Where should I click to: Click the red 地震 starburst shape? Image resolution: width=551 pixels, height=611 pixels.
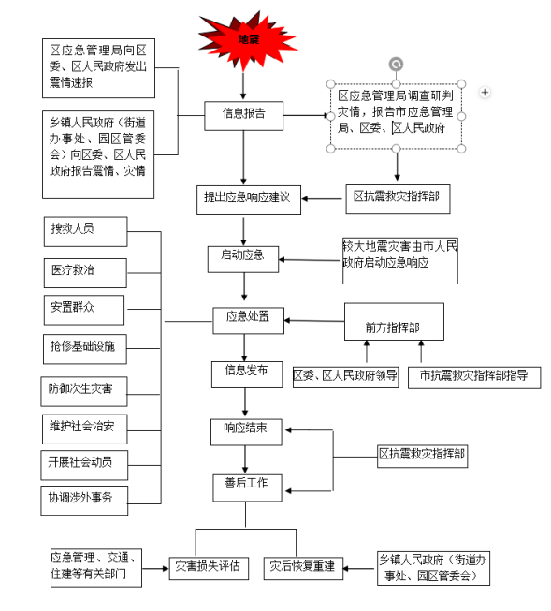(x=247, y=41)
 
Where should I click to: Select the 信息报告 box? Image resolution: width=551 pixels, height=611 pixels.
(x=244, y=116)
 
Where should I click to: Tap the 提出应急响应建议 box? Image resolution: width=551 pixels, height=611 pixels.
(x=249, y=200)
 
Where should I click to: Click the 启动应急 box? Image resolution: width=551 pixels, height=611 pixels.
(x=243, y=259)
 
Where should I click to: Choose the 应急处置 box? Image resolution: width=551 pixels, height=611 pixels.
(x=248, y=321)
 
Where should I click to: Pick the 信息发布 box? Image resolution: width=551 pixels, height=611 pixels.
(x=247, y=374)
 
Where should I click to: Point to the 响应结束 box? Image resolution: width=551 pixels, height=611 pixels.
(x=246, y=432)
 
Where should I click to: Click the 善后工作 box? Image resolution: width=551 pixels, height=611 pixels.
(x=248, y=487)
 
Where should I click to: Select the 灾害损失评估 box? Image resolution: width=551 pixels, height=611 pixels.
(x=209, y=569)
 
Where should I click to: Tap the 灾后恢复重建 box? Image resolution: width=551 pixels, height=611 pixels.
(x=303, y=569)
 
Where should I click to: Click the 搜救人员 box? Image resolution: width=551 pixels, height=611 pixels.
(x=86, y=232)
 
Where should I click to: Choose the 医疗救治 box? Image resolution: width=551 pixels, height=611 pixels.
(x=85, y=273)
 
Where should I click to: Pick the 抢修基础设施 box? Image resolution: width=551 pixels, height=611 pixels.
(x=85, y=349)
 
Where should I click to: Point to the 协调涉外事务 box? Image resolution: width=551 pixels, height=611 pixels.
(x=84, y=501)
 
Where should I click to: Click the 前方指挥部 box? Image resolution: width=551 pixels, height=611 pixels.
(x=394, y=322)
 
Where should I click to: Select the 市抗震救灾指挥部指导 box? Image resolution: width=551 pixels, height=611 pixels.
(x=474, y=378)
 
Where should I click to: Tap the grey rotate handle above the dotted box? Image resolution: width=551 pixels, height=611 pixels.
(x=397, y=65)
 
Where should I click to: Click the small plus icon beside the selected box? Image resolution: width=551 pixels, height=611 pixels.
(x=485, y=93)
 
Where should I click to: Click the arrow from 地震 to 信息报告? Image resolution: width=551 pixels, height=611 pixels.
(x=243, y=85)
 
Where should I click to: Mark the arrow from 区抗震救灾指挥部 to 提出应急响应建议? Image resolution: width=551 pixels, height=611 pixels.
(x=322, y=199)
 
